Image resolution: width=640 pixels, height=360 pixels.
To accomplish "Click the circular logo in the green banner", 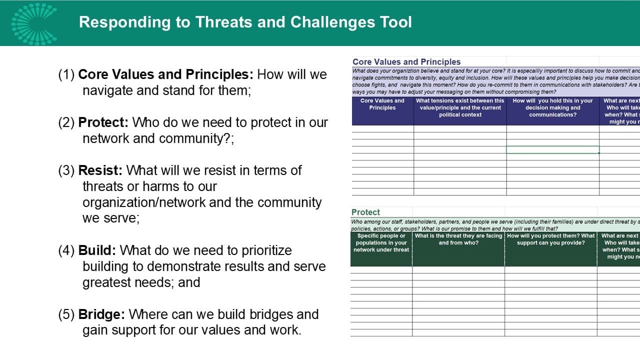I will [x=34, y=23].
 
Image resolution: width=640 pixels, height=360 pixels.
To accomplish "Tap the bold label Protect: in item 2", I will [x=103, y=122].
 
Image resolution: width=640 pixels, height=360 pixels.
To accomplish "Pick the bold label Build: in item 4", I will [x=97, y=250].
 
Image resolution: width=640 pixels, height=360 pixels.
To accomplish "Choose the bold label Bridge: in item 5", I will [x=101, y=314].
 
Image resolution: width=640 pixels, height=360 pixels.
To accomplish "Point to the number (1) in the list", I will [x=66, y=74].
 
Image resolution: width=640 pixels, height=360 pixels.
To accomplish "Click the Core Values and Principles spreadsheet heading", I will [x=406, y=62].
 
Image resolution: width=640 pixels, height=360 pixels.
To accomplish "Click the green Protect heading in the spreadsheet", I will [x=365, y=212].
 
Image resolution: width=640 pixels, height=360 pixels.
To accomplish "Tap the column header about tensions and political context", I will [x=460, y=107].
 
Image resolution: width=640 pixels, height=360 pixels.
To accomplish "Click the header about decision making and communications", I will [x=552, y=107].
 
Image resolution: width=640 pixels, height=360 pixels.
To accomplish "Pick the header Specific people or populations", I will [x=381, y=243].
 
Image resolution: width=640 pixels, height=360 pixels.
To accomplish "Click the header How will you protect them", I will [x=550, y=239].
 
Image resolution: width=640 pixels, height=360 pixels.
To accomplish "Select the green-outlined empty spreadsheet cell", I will [x=552, y=149].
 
